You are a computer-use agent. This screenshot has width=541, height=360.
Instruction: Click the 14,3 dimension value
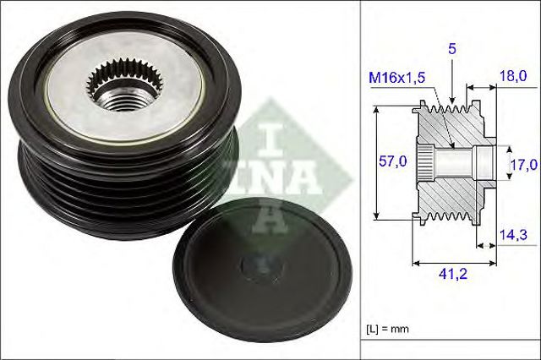[510, 237]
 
